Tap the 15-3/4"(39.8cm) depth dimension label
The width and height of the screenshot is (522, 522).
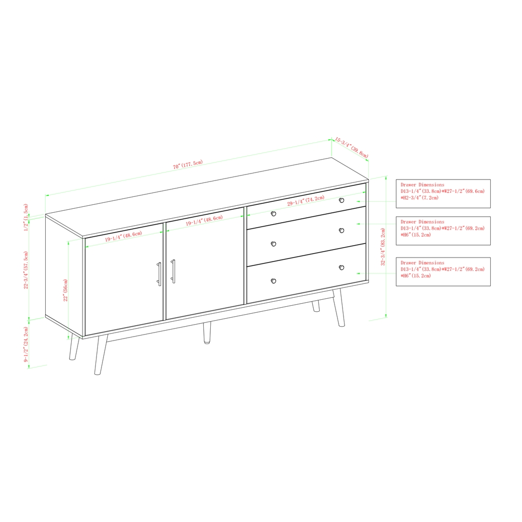click(x=351, y=148)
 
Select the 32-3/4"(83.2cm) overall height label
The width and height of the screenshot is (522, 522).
click(x=383, y=247)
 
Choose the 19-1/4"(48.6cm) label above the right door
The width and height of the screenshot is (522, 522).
click(x=204, y=221)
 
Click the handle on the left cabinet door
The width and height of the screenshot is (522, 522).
click(x=159, y=274)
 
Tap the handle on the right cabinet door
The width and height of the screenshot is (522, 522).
click(x=173, y=271)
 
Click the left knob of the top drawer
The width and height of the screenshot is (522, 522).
click(x=273, y=214)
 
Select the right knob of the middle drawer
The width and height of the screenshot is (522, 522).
click(x=342, y=230)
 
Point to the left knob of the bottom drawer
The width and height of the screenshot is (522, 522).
click(x=273, y=281)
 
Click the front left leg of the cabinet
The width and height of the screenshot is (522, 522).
click(x=100, y=354)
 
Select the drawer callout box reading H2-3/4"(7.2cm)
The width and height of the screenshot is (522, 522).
click(x=442, y=193)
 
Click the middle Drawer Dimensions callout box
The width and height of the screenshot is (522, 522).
click(x=442, y=231)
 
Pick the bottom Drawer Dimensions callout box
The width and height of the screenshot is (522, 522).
click(x=442, y=271)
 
